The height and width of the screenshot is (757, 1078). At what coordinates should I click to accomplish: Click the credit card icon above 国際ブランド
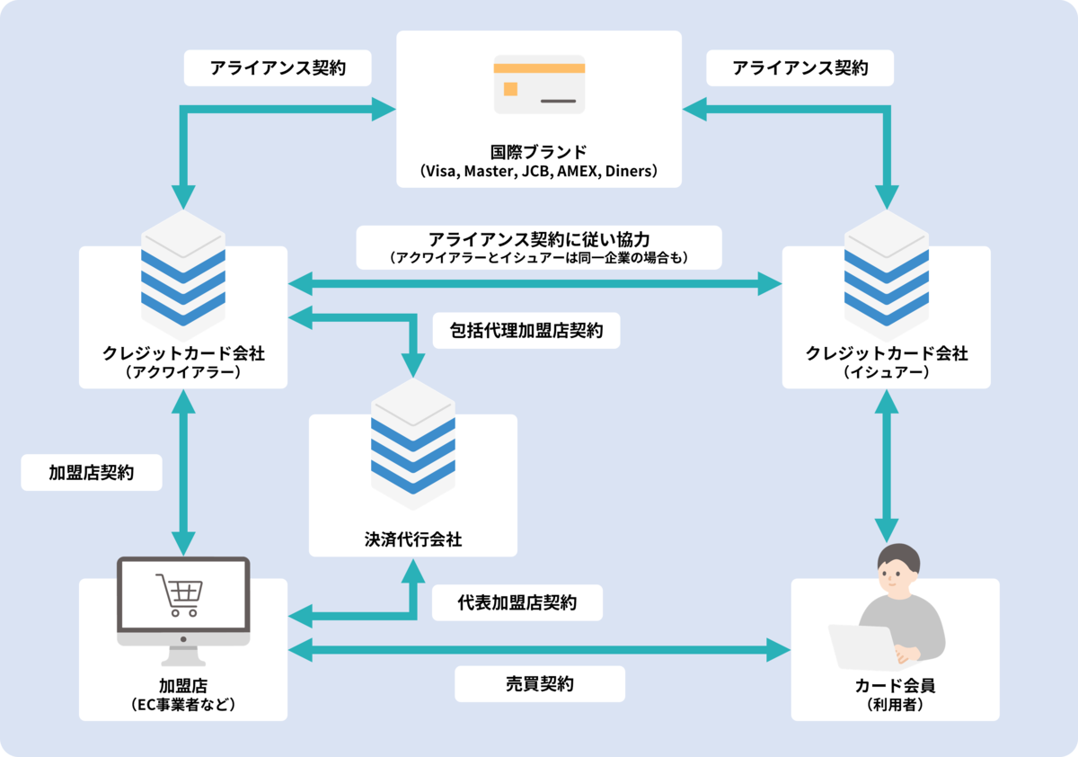coord(539,85)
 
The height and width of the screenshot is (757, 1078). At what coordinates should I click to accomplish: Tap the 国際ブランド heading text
coord(539,150)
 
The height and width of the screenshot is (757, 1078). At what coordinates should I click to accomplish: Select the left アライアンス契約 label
coord(278,67)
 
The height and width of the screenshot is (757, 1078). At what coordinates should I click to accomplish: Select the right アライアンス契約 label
coord(800,67)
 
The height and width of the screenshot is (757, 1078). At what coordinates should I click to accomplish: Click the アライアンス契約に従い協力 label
coord(539,240)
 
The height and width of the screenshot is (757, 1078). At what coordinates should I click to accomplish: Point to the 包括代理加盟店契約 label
coord(526,331)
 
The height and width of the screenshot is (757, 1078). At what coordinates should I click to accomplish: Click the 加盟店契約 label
coord(92,472)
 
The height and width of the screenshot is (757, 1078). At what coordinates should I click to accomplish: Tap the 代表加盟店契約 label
coord(517,603)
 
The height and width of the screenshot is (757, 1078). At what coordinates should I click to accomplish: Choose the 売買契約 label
coord(539,683)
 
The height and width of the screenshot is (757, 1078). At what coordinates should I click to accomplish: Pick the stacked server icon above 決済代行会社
coord(413,438)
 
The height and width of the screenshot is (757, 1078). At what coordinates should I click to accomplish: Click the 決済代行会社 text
coord(413,539)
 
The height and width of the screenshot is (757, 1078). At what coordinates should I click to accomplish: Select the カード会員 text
coord(895,686)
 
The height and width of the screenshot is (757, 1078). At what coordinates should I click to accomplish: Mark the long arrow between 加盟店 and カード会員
coord(539,648)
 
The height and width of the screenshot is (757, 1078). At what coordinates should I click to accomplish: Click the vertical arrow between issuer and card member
coord(887,468)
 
